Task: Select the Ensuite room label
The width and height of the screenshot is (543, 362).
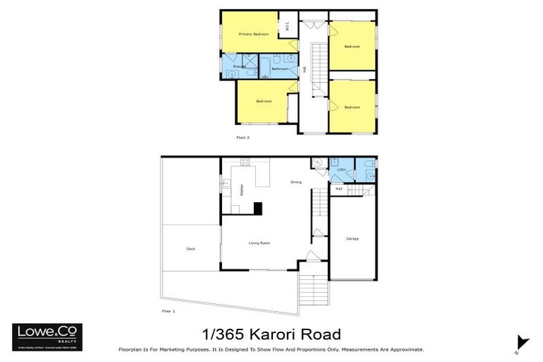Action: coord(239,66)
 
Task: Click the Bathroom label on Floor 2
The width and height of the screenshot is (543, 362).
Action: coord(280,69)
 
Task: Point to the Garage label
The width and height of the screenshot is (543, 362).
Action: coord(352,238)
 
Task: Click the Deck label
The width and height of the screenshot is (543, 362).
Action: coord(190,248)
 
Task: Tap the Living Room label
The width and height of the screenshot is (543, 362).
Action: coord(259,243)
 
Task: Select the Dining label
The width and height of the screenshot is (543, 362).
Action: coord(296,182)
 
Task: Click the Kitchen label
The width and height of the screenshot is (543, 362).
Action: coord(241,190)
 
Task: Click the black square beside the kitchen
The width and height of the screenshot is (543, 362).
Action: coord(258,208)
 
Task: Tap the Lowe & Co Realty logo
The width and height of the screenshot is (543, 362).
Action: coord(47,337)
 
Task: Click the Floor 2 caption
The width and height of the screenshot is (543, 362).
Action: coord(243,137)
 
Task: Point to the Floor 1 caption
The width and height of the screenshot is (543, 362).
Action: coord(168,311)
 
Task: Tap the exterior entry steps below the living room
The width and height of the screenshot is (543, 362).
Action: coord(312,287)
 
